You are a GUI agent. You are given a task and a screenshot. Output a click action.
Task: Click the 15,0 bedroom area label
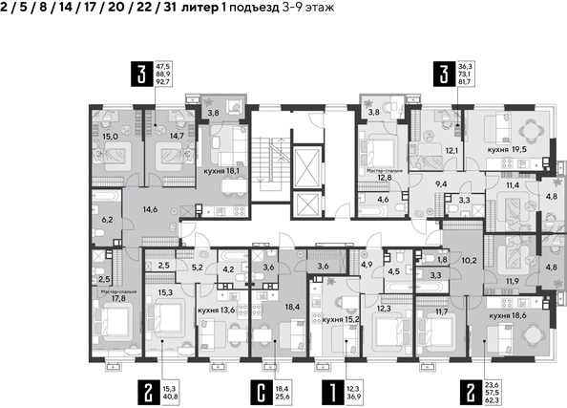109,137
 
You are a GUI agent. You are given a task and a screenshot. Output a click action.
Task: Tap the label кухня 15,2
341,320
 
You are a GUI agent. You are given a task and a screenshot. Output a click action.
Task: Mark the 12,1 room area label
451,151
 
